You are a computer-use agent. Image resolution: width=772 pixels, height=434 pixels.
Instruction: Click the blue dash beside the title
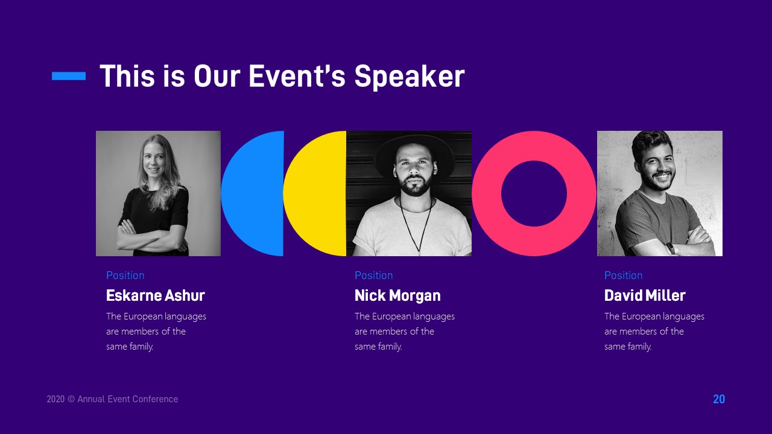pyautogui.click(x=69, y=76)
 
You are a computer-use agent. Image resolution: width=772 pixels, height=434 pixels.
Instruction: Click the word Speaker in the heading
pyautogui.click(x=409, y=77)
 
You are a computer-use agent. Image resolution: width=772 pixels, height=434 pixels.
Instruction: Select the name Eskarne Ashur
pyautogui.click(x=155, y=295)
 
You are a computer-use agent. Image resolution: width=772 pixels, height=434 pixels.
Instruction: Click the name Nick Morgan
pyautogui.click(x=397, y=295)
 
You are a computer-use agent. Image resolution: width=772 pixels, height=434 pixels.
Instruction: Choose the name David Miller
pyautogui.click(x=645, y=295)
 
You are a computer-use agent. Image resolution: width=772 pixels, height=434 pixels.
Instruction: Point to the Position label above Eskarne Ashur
pyautogui.click(x=125, y=275)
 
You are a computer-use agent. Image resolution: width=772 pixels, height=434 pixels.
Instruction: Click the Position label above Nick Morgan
pyautogui.click(x=373, y=275)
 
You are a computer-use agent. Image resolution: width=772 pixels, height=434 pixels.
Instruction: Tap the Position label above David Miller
pyautogui.click(x=623, y=275)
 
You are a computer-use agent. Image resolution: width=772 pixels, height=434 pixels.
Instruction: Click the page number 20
pyautogui.click(x=719, y=399)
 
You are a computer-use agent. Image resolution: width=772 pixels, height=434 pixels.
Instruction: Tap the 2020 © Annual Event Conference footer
pyautogui.click(x=112, y=399)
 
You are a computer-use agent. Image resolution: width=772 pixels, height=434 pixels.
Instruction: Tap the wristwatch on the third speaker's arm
pyautogui.click(x=671, y=248)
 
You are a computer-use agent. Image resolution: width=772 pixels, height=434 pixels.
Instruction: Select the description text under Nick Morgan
pyautogui.click(x=404, y=331)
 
